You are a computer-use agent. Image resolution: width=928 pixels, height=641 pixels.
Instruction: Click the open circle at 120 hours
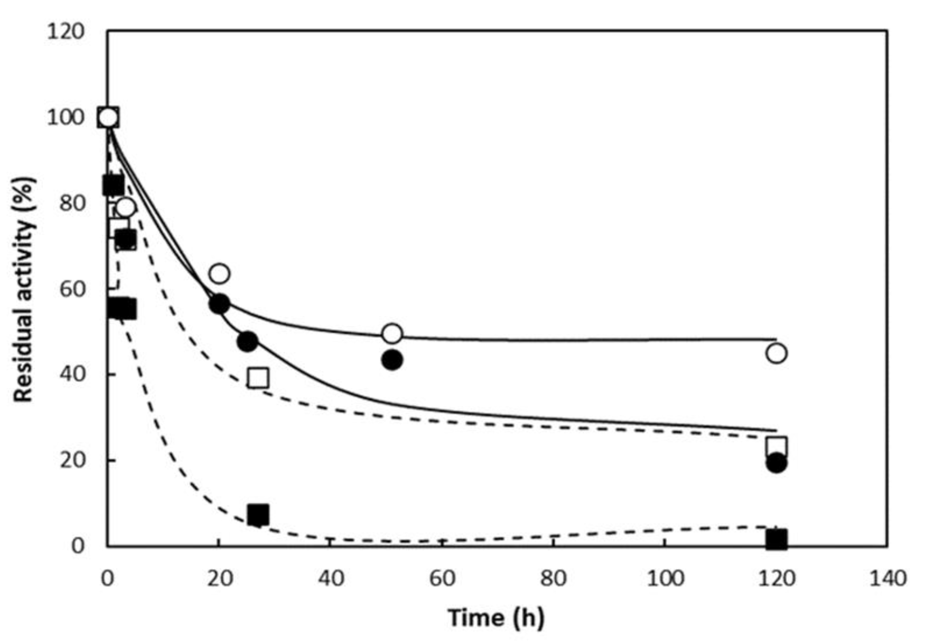[776, 353]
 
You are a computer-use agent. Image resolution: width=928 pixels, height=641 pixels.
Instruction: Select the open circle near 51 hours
[392, 333]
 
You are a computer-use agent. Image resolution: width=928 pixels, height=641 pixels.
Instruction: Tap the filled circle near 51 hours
[392, 360]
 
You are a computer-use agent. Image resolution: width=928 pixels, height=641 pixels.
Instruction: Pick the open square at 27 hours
[258, 378]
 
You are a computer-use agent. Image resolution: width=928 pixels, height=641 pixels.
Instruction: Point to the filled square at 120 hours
[776, 540]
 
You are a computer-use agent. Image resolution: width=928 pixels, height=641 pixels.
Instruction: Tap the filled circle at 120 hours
[776, 463]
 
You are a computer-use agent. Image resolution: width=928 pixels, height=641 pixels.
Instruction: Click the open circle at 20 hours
[219, 274]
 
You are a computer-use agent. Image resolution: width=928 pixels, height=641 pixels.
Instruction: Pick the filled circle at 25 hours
[247, 342]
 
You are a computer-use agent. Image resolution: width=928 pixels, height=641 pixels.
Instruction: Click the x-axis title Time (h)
[496, 618]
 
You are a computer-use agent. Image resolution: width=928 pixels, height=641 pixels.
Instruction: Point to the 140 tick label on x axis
[888, 579]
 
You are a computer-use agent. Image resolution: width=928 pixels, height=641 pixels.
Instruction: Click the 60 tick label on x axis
[442, 579]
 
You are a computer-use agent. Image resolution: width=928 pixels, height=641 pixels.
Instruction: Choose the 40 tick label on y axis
[72, 374]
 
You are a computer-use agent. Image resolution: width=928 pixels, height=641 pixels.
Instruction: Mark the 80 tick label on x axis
[553, 579]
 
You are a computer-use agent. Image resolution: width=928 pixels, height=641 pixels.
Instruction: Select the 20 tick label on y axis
[72, 460]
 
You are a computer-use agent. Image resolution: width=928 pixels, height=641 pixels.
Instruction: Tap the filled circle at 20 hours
[219, 304]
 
